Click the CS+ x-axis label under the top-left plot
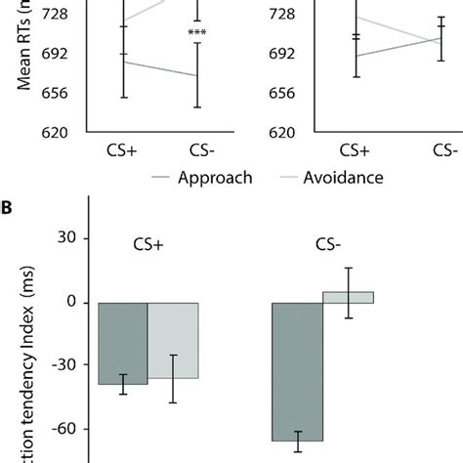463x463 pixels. pyautogui.click(x=123, y=152)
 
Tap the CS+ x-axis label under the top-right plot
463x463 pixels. pyautogui.click(x=356, y=152)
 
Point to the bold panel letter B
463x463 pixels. pyautogui.click(x=8, y=207)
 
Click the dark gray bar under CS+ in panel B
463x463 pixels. pyautogui.click(x=123, y=343)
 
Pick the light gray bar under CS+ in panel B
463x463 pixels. pyautogui.click(x=173, y=340)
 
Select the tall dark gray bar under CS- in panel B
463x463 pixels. pyautogui.click(x=297, y=371)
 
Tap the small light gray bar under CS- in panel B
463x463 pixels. pyautogui.click(x=348, y=297)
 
